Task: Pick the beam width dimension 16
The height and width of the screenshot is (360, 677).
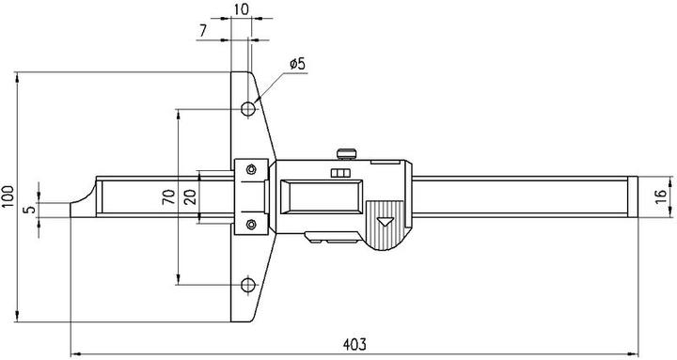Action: tap(662, 196)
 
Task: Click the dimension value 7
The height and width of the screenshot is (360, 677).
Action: tap(202, 32)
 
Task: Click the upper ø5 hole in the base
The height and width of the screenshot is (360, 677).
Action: tap(248, 108)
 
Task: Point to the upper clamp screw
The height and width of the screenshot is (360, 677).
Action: tap(251, 168)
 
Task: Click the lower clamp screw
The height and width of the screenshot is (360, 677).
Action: tap(251, 224)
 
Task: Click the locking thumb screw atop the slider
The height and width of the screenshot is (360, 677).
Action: tap(348, 150)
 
